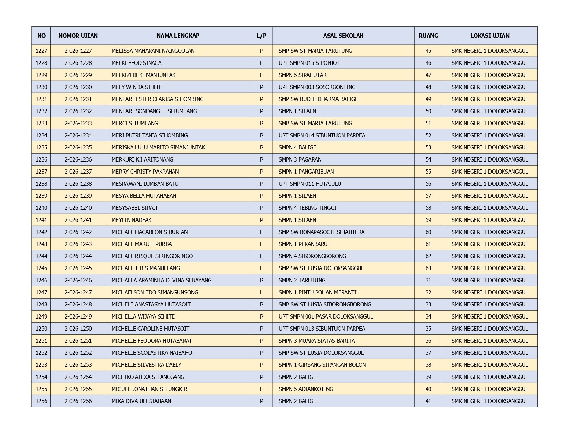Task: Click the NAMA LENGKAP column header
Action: [178, 36]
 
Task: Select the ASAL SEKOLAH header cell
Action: [343, 36]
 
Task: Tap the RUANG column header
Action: [428, 36]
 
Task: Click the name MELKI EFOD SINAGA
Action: [136, 63]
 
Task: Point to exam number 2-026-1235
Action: [78, 147]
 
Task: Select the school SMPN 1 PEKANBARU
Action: [303, 244]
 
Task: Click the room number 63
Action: [428, 268]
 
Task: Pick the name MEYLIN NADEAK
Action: [131, 220]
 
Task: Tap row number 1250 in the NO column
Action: [41, 329]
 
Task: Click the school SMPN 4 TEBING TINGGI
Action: [307, 208]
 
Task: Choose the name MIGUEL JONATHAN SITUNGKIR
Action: [149, 389]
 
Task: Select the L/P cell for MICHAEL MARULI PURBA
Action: [261, 244]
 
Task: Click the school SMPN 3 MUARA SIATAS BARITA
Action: [317, 341]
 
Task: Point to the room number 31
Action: [428, 280]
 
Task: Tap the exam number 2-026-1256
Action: [78, 401]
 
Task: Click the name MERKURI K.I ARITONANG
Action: [142, 159]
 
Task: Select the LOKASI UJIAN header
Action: [490, 36]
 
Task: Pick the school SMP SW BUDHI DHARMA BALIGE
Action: [318, 99]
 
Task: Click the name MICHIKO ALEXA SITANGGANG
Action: [148, 377]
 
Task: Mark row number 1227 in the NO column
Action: [41, 51]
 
